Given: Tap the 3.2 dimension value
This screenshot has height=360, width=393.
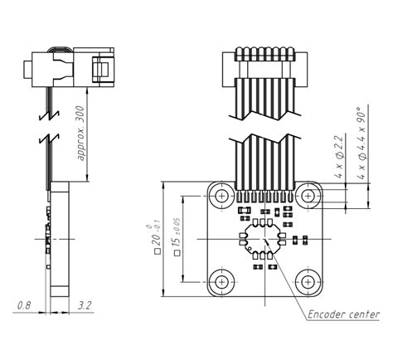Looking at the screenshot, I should tap(85, 305).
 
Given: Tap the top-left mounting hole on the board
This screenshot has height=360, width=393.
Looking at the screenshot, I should tap(221, 196).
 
